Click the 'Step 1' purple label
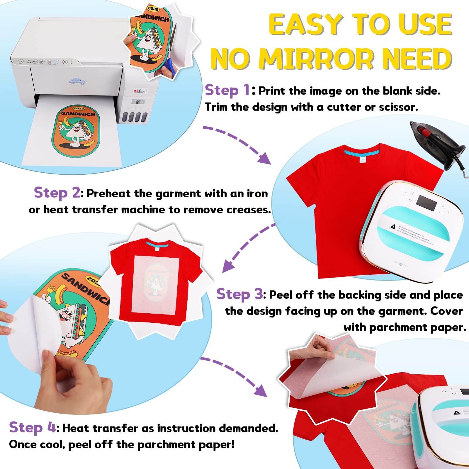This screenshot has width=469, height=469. (x=227, y=90)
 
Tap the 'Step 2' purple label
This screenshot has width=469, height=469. (x=57, y=193)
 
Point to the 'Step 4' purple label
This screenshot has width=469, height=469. (x=32, y=427)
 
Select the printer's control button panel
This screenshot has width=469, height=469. (x=44, y=62)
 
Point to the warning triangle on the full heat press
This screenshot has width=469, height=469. (x=393, y=226)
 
